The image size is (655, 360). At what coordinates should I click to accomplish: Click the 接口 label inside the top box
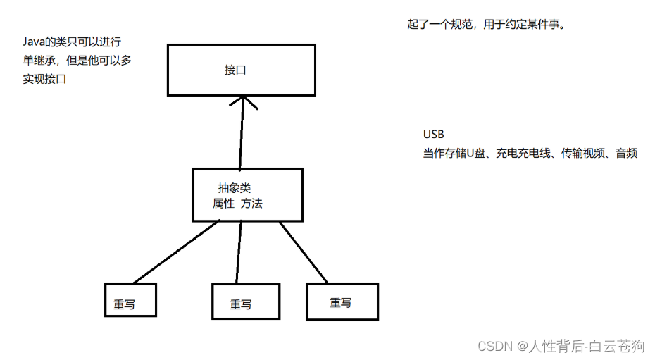[235, 70]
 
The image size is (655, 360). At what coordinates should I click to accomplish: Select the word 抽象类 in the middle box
[234, 188]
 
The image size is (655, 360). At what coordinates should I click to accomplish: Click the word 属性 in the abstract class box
[223, 204]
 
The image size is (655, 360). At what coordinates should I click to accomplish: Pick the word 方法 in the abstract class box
[251, 204]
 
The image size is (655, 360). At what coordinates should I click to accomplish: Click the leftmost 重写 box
[130, 300]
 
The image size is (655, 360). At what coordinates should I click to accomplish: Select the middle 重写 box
[245, 302]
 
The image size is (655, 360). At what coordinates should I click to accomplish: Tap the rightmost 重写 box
[342, 301]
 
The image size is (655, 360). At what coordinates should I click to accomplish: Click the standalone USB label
[433, 135]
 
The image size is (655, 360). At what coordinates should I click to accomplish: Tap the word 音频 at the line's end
[626, 153]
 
